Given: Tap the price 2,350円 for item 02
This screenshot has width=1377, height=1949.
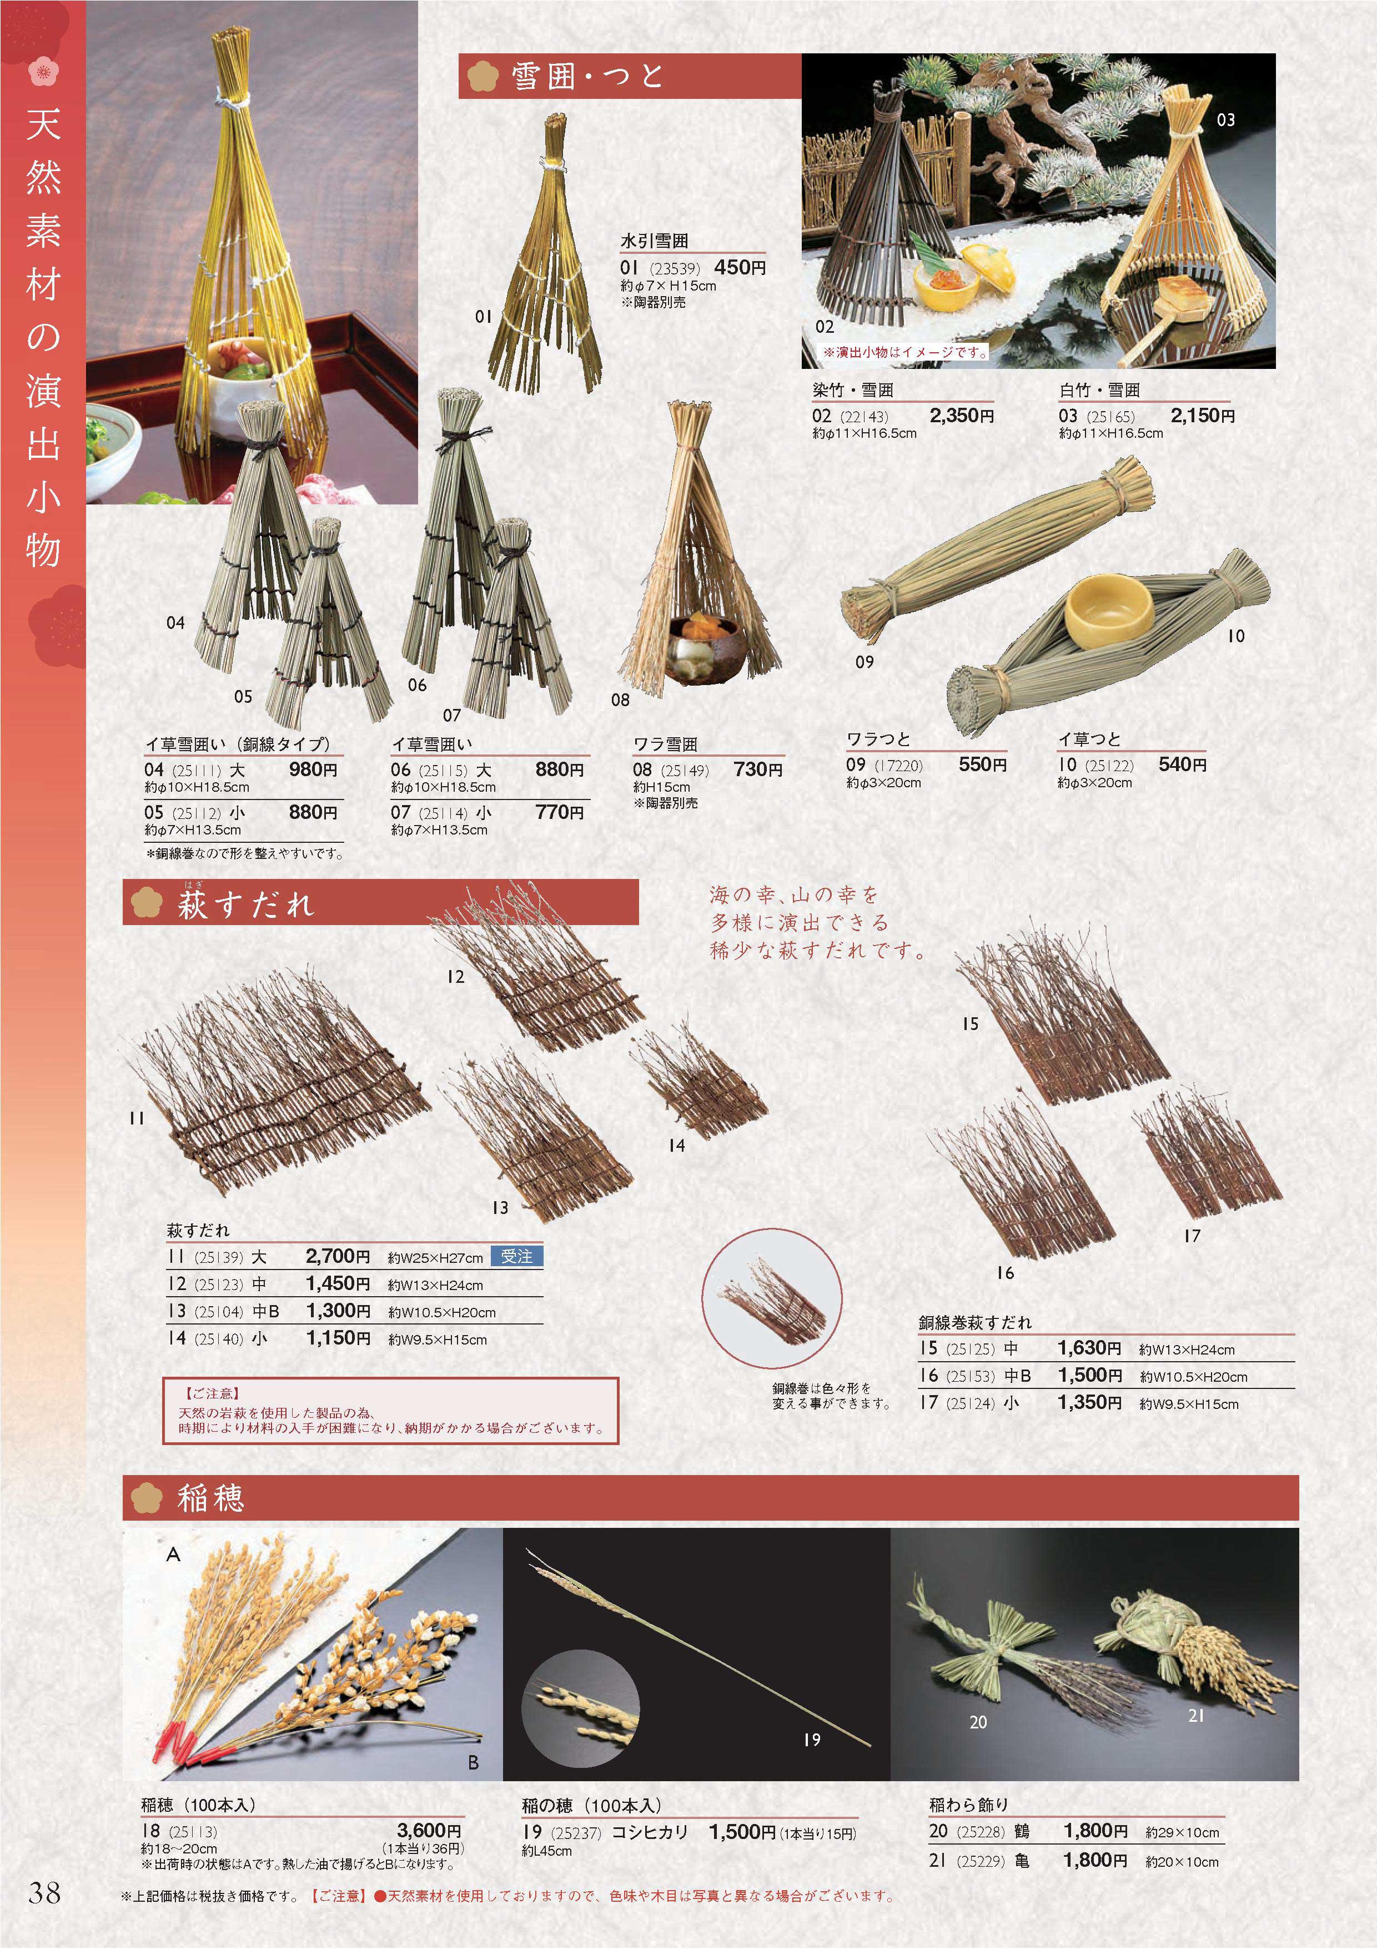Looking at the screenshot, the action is pos(961,416).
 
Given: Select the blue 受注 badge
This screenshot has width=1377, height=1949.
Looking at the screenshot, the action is pos(517,1256).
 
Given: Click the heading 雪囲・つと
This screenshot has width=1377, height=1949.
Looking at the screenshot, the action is pos(587,77).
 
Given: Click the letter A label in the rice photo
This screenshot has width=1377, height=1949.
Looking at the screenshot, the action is pos(173,1555).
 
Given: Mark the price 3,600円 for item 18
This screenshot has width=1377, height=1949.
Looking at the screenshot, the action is pos(429,1831).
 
